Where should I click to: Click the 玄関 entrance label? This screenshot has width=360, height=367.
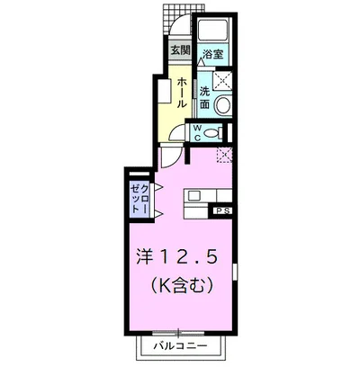[x=179, y=50]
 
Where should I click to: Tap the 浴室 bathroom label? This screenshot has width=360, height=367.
[x=212, y=53]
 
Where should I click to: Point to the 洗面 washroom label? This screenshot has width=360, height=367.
[x=204, y=97]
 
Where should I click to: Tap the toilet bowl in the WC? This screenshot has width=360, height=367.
[x=214, y=133]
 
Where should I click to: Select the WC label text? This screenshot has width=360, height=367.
[x=199, y=133]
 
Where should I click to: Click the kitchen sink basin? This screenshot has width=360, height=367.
[x=195, y=196]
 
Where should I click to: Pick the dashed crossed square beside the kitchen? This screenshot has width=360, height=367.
[x=222, y=156]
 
